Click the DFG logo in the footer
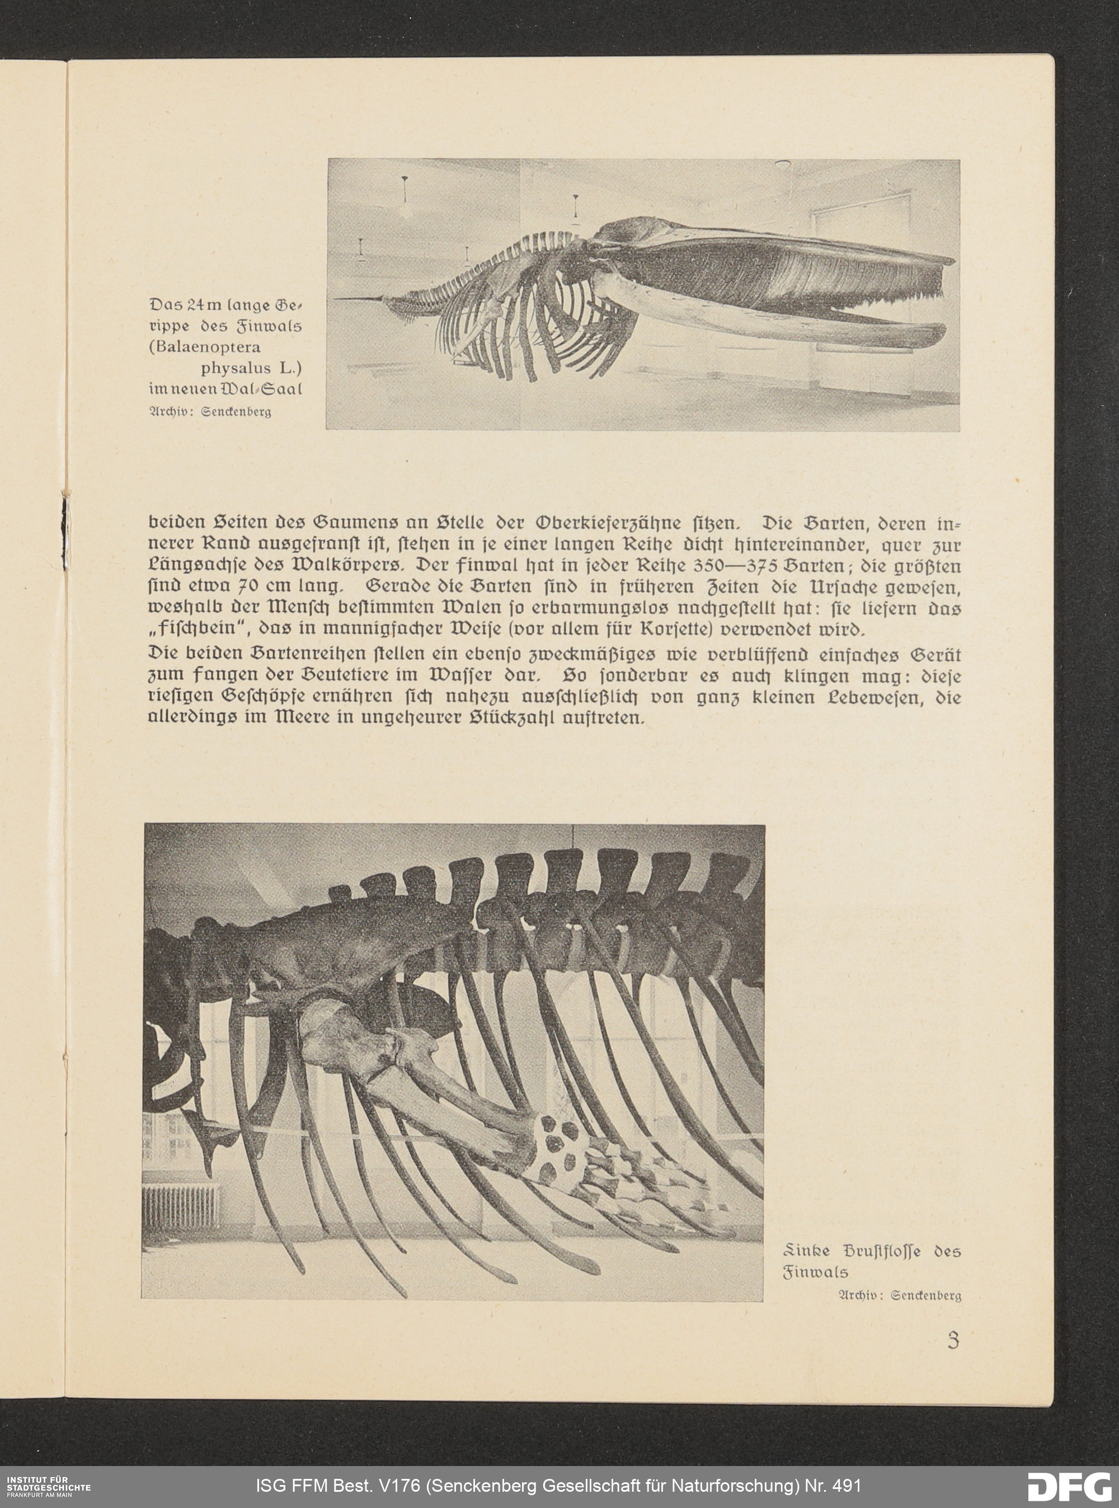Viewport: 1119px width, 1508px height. [1069, 1487]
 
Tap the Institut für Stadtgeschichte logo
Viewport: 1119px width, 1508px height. [48, 1486]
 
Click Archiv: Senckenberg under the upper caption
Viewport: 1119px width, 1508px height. [209, 412]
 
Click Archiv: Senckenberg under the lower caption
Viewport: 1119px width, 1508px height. [900, 1295]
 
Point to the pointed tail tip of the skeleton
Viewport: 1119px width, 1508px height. [338, 299]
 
